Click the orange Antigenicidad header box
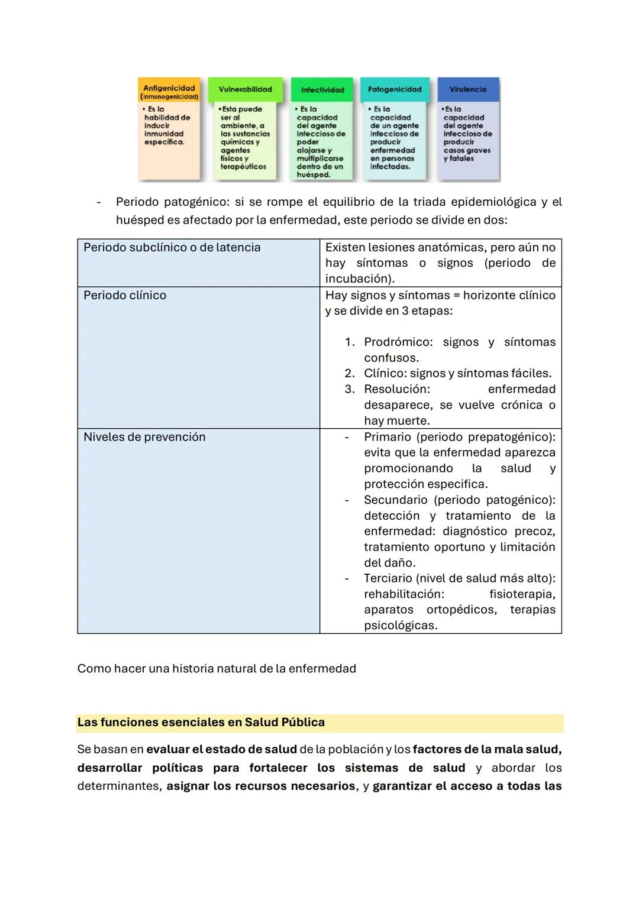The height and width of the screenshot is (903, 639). [x=169, y=91]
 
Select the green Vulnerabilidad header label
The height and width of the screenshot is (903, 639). [x=245, y=89]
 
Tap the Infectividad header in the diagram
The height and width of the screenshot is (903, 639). [x=322, y=90]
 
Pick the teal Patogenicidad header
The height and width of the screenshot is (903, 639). [x=395, y=89]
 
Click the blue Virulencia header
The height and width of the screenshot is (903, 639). [x=468, y=89]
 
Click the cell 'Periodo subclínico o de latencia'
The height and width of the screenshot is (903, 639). [x=172, y=247]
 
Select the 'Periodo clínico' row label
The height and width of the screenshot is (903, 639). [x=125, y=295]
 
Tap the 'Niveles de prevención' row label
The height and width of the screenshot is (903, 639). [x=144, y=437]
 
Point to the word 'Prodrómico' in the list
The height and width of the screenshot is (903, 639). [x=398, y=342]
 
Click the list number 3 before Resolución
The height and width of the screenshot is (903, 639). [x=350, y=389]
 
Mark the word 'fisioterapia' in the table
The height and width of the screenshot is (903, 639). [x=522, y=594]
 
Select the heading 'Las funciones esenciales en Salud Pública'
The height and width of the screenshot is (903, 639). [x=201, y=722]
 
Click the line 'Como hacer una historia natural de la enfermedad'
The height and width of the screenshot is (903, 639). [x=217, y=669]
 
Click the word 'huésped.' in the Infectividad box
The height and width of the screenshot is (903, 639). [x=314, y=175]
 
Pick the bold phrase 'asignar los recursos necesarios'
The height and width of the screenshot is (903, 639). [x=261, y=786]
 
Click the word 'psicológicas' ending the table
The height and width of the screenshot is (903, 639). [x=400, y=625]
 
